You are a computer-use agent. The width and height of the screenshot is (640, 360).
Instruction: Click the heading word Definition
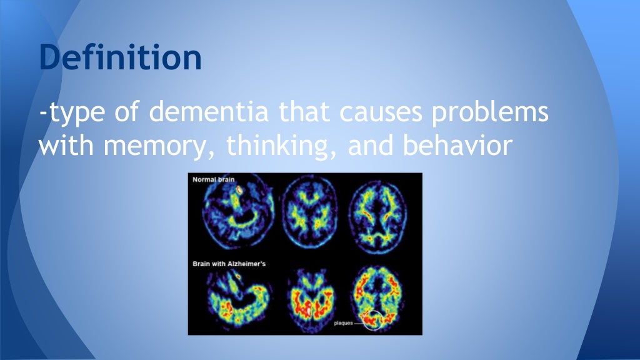pos(120,57)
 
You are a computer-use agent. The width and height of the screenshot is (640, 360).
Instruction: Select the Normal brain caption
pos(213,180)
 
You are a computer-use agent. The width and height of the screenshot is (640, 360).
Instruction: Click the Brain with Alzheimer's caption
pos(229,264)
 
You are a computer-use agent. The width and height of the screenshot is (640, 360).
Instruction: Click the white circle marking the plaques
pos(373,320)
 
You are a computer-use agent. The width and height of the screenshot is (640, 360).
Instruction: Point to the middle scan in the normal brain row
pos(308,216)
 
